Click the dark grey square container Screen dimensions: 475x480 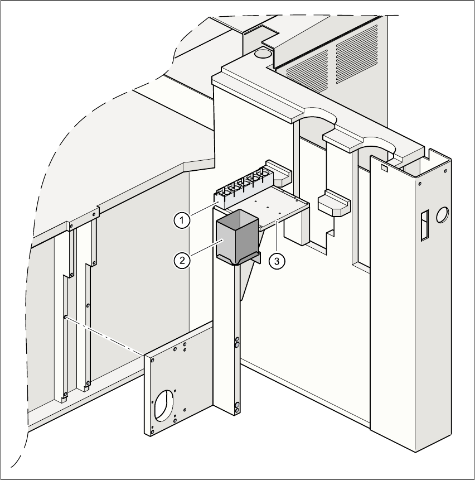pos(237,237)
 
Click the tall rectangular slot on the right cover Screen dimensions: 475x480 pos(424,225)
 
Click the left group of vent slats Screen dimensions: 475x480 pos(306,66)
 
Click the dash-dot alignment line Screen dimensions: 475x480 pos(106,335)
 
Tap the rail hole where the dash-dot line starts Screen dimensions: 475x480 pos(66,316)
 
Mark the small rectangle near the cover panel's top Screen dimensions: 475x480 pos(384,166)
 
